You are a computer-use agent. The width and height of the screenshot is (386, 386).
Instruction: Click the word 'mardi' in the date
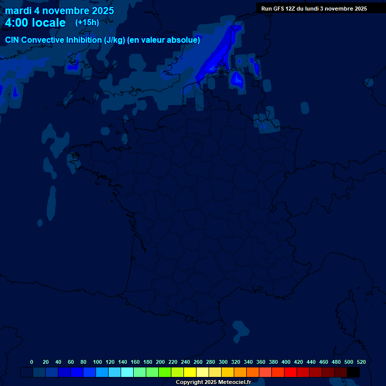click(18, 11)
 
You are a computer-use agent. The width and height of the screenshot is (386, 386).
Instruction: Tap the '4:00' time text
click(17, 23)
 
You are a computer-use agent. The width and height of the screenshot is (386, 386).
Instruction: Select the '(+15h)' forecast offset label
click(87, 22)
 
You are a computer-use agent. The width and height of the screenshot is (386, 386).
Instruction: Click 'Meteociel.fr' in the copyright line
click(235, 382)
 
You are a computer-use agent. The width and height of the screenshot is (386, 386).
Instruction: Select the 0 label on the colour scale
click(32, 362)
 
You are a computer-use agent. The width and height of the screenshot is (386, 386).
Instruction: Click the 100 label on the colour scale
click(97, 362)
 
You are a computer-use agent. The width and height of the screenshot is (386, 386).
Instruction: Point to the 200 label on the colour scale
click(160, 362)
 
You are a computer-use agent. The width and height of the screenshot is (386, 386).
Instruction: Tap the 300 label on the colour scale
click(223, 362)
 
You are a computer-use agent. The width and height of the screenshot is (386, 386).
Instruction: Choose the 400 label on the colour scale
click(286, 362)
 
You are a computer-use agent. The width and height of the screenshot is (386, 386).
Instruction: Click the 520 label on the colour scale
click(361, 362)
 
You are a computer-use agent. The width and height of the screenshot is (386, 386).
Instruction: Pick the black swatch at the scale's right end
click(353, 372)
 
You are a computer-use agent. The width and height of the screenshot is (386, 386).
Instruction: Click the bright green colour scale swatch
click(165, 372)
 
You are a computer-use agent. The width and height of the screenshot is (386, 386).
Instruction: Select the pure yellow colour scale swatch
click(190, 372)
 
